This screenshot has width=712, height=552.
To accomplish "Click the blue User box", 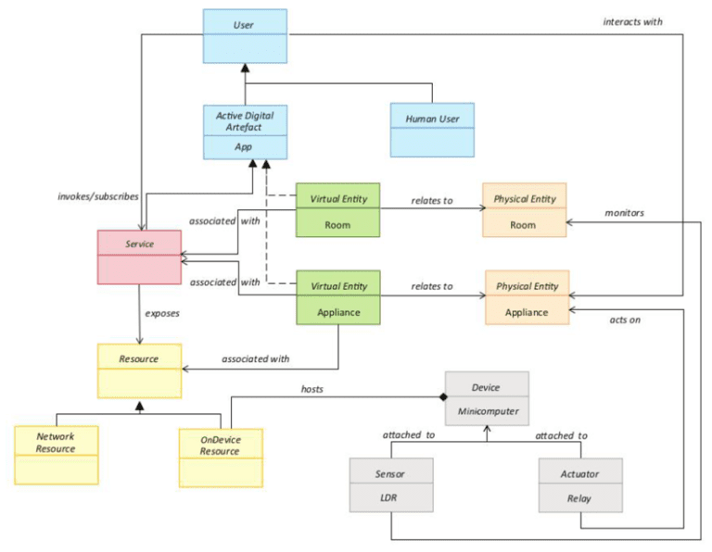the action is click(245, 36).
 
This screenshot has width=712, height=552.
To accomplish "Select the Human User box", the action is click(432, 130).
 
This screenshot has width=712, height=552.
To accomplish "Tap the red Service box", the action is click(139, 257).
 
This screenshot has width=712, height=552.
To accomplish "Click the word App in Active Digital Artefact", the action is click(244, 147).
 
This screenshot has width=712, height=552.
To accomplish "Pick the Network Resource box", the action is click(57, 455).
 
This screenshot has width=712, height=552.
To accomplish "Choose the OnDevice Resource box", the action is click(221, 458).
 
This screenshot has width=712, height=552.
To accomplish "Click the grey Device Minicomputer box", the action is click(487, 398).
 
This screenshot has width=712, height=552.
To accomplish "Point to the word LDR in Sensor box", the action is click(388, 497).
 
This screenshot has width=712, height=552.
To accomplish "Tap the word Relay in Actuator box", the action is click(578, 498).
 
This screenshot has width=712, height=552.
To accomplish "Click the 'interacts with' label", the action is click(632, 22).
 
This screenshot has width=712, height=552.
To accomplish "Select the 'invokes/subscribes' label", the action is click(98, 196).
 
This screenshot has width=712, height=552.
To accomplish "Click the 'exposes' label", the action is click(162, 313).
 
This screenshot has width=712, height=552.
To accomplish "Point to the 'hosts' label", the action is click(311, 389).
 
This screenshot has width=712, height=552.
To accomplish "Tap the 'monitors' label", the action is click(624, 213).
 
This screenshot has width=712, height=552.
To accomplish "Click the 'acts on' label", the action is click(625, 320).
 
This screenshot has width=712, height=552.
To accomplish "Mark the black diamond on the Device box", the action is click(443, 397).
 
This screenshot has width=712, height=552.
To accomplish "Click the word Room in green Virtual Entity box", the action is click(337, 225).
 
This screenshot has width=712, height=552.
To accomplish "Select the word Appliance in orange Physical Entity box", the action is click(527, 312).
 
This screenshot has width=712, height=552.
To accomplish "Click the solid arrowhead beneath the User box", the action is click(245, 68).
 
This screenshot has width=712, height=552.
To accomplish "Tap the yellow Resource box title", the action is click(138, 358).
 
